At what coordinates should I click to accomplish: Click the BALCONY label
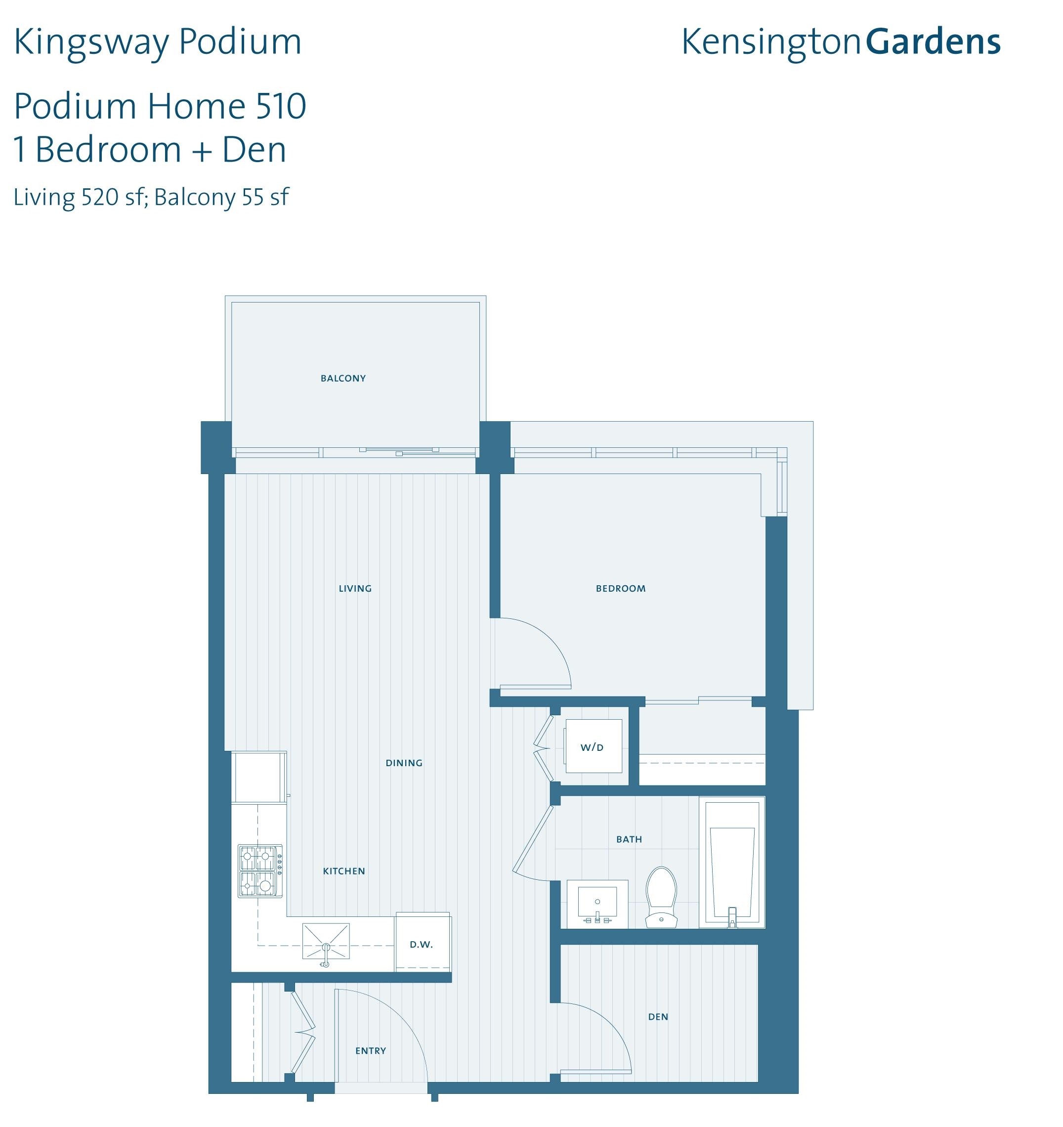(x=343, y=378)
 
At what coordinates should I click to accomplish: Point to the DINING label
(x=404, y=763)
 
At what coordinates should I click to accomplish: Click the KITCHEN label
(x=344, y=871)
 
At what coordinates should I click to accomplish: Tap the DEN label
(x=658, y=1017)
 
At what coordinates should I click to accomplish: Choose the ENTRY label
(x=371, y=1051)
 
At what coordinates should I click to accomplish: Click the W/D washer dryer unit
(x=593, y=746)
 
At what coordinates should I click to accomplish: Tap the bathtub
(x=732, y=863)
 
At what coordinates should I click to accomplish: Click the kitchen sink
(x=326, y=942)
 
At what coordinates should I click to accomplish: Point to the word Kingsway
(x=90, y=43)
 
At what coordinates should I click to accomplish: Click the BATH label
(x=629, y=840)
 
